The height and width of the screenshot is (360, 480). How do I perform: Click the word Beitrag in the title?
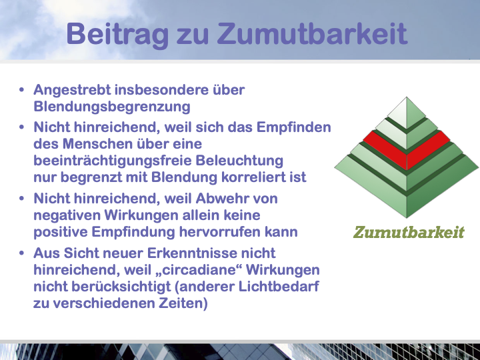117,34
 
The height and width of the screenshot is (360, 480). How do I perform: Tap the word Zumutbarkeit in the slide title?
313,33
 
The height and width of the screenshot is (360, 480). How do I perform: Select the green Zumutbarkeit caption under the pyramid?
409,232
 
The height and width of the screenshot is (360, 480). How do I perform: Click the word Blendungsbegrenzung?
112,107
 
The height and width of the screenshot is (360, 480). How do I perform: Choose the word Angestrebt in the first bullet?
72,90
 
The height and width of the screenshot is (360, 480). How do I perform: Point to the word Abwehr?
218,199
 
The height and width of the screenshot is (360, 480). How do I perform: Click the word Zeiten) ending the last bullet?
183,303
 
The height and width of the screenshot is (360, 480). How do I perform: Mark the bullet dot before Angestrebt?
21,90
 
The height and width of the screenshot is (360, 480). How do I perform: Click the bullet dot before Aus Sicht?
21,253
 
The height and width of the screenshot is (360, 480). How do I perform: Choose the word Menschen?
97,144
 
